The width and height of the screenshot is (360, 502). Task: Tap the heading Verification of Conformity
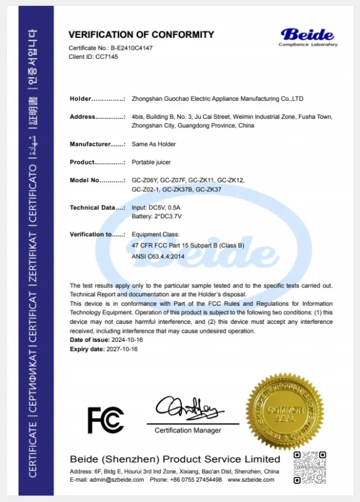point(141,35)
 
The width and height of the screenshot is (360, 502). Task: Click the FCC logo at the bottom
point(106,420)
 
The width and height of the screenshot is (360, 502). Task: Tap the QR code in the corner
point(309,467)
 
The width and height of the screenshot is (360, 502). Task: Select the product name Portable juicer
point(151,162)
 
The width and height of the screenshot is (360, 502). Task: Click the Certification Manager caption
point(188,430)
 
